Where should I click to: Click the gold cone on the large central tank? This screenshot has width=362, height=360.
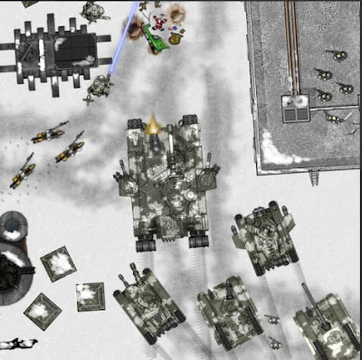pos(153,123)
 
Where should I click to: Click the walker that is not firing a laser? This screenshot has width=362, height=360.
pos(95,11)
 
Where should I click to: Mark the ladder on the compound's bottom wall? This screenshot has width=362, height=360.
pos(314,175)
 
